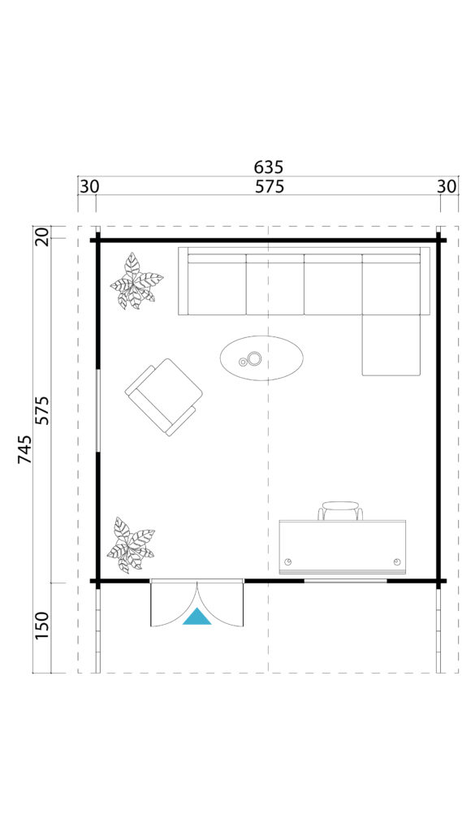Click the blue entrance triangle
(197, 617)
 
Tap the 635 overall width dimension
(268, 167)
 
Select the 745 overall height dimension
(25, 448)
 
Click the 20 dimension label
(42, 236)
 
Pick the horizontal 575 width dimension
(270, 187)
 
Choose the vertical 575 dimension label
(42, 410)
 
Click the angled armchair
(164, 396)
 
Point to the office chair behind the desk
(340, 510)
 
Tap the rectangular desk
(343, 547)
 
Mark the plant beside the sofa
(136, 281)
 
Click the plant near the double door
(131, 545)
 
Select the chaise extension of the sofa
(391, 345)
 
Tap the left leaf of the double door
(174, 604)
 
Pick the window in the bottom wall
(345, 581)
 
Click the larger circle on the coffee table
(255, 358)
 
